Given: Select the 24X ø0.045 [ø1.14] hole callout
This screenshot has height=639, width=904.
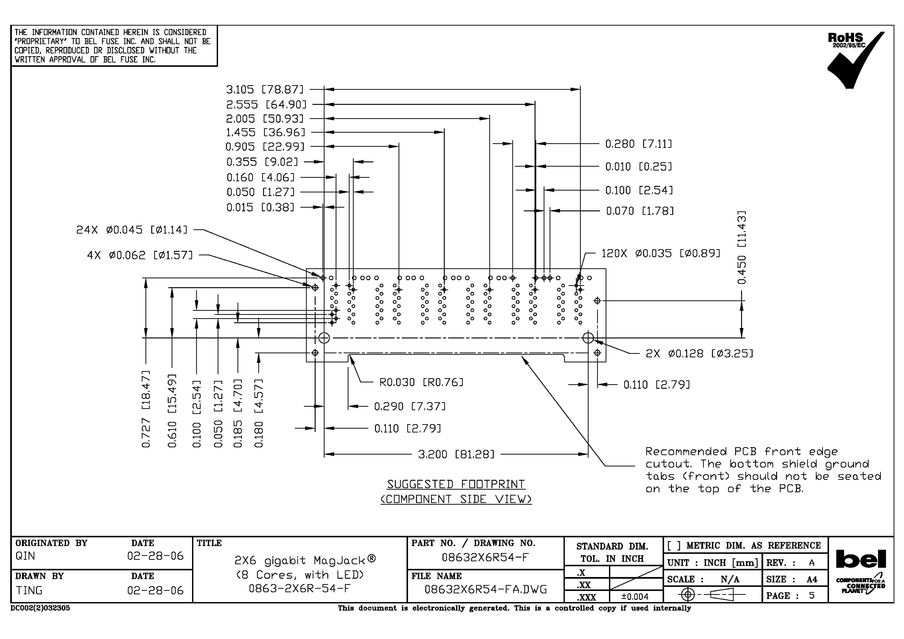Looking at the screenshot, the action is click(x=132, y=230).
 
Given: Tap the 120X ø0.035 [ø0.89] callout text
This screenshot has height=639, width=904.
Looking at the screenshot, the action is click(x=661, y=253).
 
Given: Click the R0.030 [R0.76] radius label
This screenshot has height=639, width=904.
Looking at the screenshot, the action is click(x=421, y=382).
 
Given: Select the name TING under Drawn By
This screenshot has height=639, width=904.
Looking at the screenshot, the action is click(x=29, y=591).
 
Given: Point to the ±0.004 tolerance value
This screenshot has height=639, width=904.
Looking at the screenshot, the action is click(x=635, y=597).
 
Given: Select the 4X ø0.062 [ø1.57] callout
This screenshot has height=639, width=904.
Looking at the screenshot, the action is click(x=140, y=255).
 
